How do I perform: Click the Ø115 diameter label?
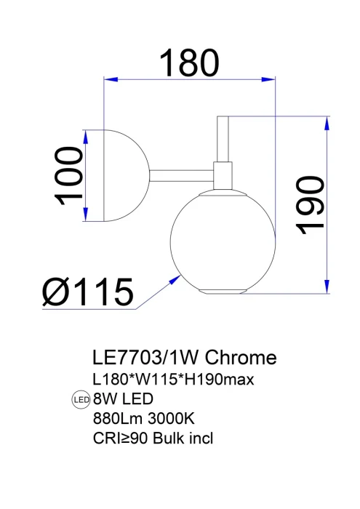tap(88, 292)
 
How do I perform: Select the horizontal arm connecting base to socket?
tap(182, 175)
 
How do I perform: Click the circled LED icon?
tap(80, 399)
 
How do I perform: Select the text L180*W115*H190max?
tap(172, 380)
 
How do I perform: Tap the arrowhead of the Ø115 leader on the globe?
tap(177, 276)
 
